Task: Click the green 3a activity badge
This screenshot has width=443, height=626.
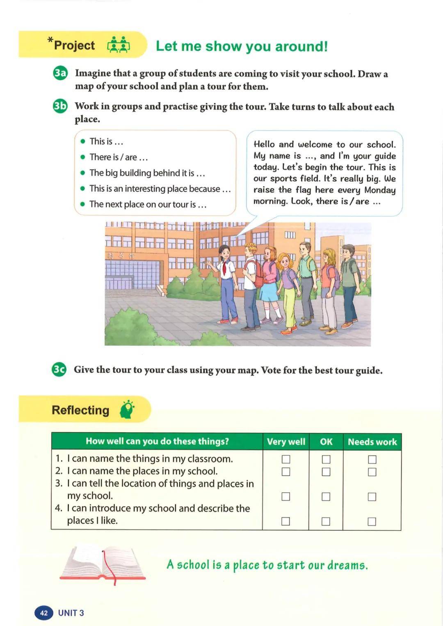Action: [x=60, y=73]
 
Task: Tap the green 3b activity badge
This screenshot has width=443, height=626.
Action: [x=60, y=106]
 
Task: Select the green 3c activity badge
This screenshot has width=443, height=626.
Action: [x=59, y=369]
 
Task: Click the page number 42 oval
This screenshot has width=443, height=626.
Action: [x=44, y=613]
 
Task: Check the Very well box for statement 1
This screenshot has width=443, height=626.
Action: [x=286, y=459]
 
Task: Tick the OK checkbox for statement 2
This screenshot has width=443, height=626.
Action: [x=326, y=472]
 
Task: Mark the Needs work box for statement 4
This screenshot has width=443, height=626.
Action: [x=372, y=521]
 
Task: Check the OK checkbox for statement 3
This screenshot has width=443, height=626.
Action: [x=326, y=497]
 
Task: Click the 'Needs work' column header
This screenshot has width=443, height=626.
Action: [x=372, y=442]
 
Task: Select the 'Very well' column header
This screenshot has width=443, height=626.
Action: [x=286, y=442]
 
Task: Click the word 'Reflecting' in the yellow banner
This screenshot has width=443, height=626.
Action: [x=80, y=410]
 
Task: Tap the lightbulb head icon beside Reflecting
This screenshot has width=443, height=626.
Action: [x=127, y=410]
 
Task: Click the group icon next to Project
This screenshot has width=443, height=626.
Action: [x=119, y=45]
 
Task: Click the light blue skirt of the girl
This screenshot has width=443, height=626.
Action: [x=268, y=292]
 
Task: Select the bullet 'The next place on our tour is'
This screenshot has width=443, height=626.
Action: [x=148, y=204]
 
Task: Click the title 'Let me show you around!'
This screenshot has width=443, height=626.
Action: [x=242, y=46]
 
